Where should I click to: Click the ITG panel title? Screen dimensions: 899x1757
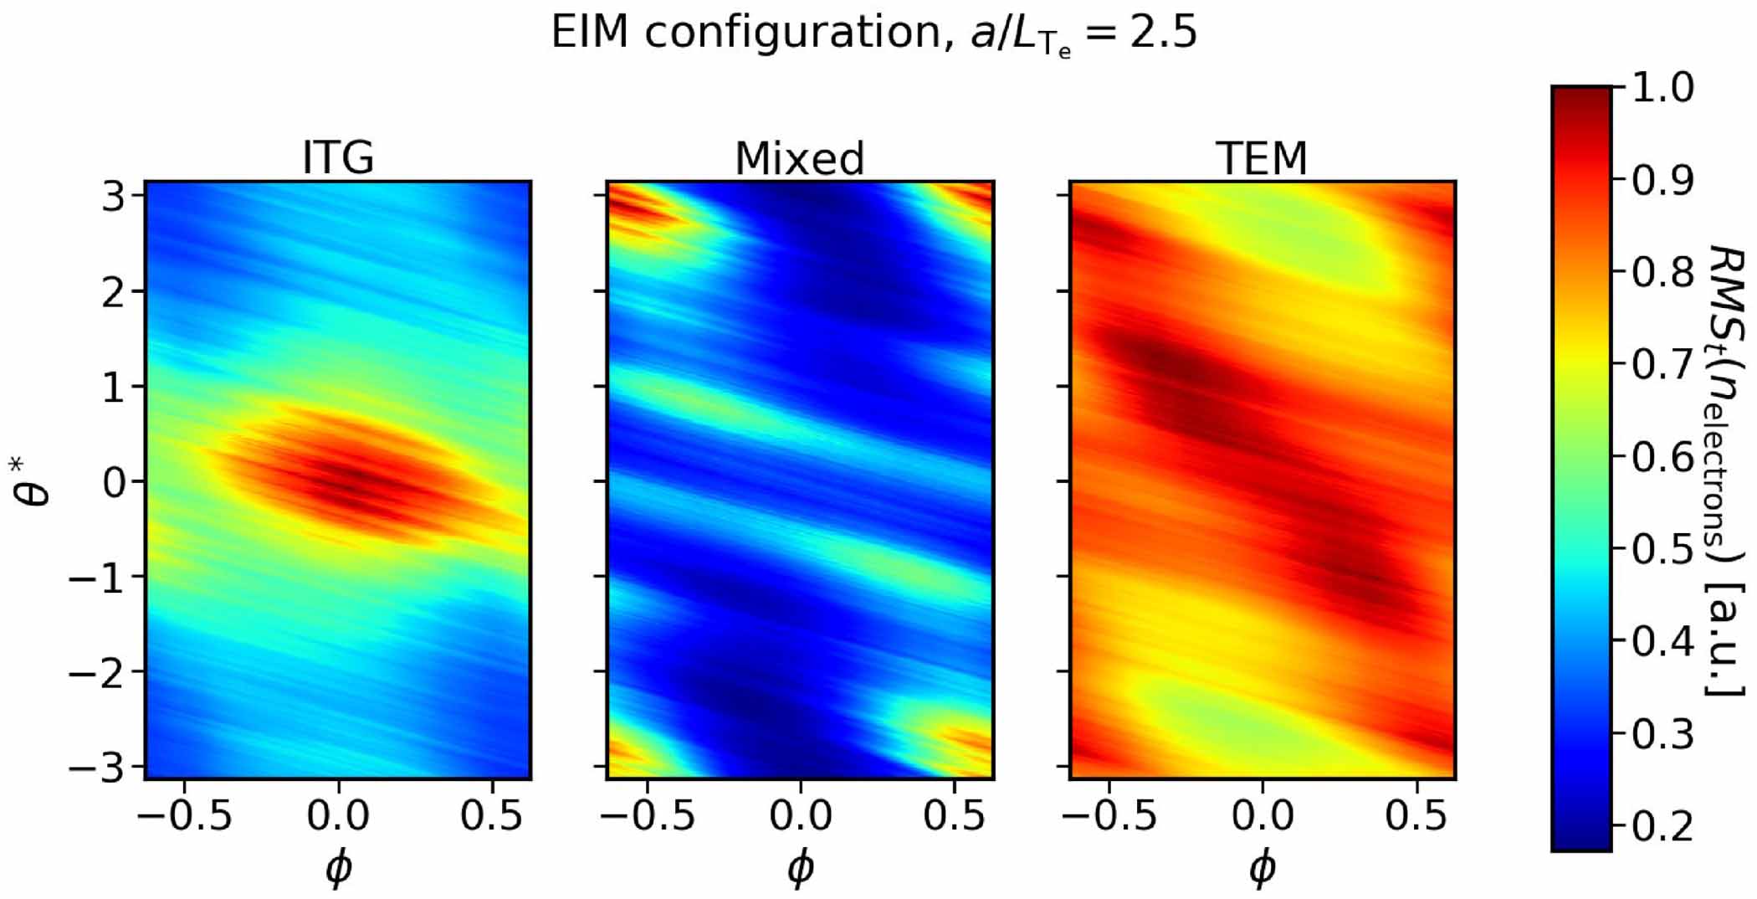pyautogui.click(x=338, y=157)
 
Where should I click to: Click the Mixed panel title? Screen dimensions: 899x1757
pyautogui.click(x=800, y=157)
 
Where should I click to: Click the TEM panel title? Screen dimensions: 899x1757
pyautogui.click(x=1262, y=157)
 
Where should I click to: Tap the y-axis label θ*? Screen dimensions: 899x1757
pyautogui.click(x=33, y=480)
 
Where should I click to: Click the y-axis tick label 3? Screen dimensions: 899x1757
pyautogui.click(x=114, y=198)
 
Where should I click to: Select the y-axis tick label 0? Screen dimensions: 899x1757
pyautogui.click(x=114, y=482)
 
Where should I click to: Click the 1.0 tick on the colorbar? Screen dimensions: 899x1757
pyautogui.click(x=1663, y=88)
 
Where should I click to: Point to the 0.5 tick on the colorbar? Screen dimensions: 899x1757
pyautogui.click(x=1663, y=550)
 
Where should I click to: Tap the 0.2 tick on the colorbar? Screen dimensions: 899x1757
pyautogui.click(x=1663, y=827)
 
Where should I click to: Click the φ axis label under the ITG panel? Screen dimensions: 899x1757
pyautogui.click(x=338, y=868)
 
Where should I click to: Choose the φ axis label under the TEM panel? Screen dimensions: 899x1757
pyautogui.click(x=1262, y=868)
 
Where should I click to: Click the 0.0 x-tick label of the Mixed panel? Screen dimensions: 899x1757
pyautogui.click(x=800, y=814)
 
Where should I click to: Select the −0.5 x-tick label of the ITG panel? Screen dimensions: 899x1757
pyautogui.click(x=184, y=814)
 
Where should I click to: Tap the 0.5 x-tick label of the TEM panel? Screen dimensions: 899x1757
pyautogui.click(x=1416, y=814)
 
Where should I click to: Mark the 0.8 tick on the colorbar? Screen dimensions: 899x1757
pyautogui.click(x=1663, y=273)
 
